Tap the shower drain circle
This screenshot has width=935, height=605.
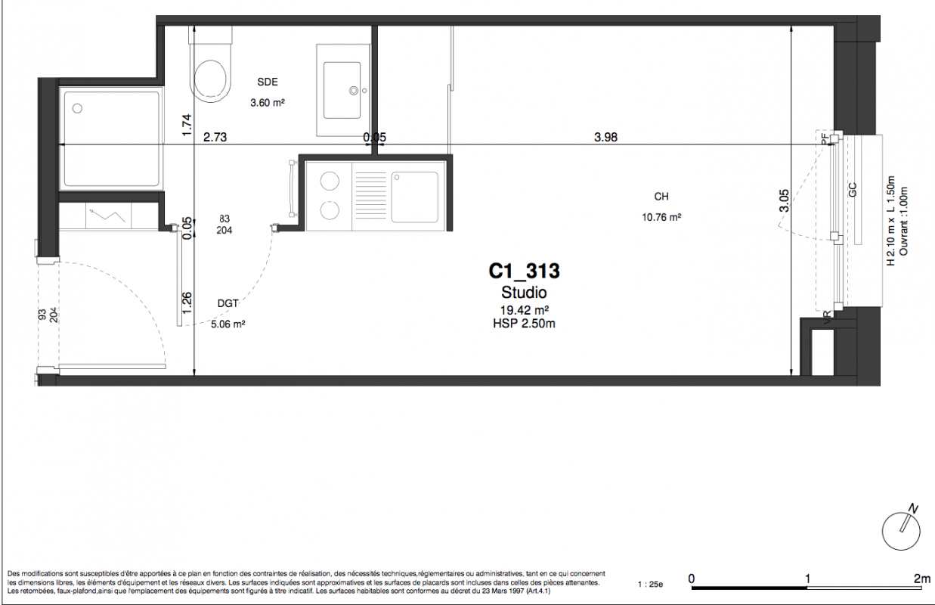pos(77,109)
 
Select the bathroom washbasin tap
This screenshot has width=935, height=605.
pos(354,91)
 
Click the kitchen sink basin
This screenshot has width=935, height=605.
pos(414,197)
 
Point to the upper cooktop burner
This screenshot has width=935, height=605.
pos(330,181)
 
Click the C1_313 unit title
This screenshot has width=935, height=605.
pos(524,271)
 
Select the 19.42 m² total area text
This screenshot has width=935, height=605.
pos(525,310)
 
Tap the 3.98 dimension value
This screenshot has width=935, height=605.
pos(605,137)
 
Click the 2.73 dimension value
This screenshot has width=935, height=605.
pos(215,137)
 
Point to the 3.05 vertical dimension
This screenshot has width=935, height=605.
pos(784,201)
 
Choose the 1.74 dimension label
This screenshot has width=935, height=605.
pos(187,125)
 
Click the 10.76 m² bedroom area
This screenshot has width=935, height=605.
pos(661,217)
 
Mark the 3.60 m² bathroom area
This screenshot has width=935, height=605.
pos(268,102)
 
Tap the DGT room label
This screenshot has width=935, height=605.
pos(228,303)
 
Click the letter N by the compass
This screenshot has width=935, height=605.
pos(913,510)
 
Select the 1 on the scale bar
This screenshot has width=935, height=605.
pos(807,579)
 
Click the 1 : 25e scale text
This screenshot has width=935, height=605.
pos(650,585)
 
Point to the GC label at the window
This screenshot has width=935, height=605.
pos(853,190)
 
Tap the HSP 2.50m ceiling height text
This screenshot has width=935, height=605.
pos(524,324)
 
